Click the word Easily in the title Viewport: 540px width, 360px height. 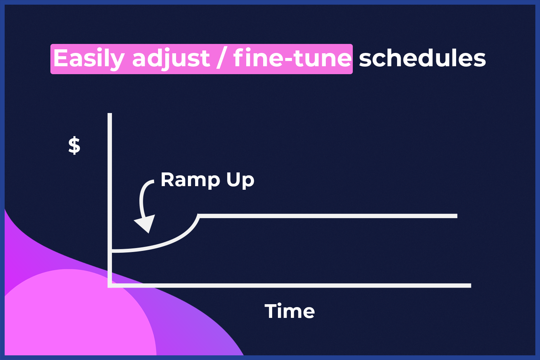(89, 59)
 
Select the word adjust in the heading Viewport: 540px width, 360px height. (171, 59)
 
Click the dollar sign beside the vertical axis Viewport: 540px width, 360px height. (74, 145)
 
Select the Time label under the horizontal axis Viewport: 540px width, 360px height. (289, 311)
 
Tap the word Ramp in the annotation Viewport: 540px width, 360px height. (190, 180)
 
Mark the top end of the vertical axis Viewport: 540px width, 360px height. (110, 113)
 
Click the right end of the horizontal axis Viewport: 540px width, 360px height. (471, 285)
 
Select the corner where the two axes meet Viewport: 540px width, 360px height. (110, 285)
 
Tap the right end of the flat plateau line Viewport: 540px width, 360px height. (457, 216)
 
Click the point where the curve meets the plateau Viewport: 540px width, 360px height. (199, 216)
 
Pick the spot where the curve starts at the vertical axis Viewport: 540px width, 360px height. (112, 251)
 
